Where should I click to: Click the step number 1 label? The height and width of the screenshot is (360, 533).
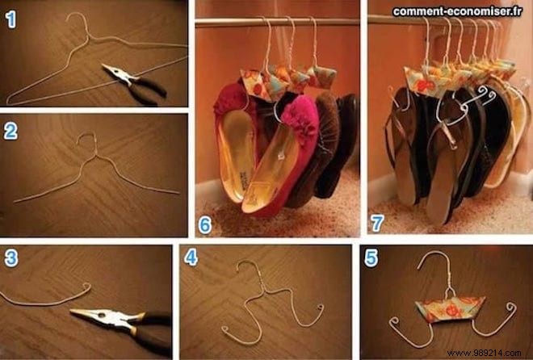point(10,19)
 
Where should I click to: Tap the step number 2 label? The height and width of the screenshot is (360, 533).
point(10,132)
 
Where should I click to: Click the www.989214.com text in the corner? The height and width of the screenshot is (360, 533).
point(493,351)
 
